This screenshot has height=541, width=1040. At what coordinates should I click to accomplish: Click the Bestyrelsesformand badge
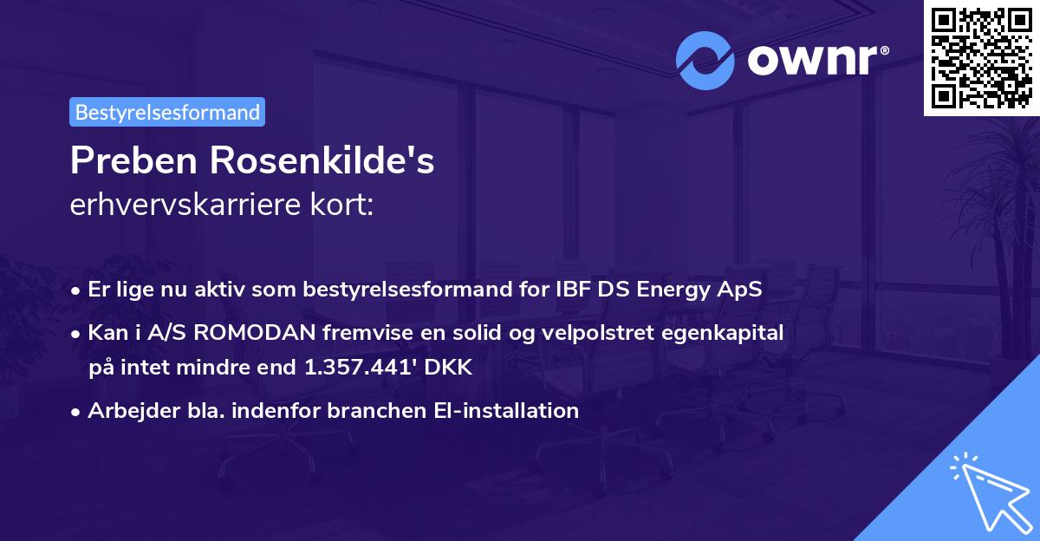coord(167,112)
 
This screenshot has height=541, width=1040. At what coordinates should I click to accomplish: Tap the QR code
coord(981,58)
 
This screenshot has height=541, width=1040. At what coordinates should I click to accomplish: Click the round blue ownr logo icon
coord(705,61)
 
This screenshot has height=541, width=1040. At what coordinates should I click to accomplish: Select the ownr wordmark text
coord(818,60)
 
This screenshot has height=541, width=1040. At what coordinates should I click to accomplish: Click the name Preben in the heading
coord(133,160)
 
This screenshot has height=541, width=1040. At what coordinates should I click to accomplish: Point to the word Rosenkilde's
coord(322,160)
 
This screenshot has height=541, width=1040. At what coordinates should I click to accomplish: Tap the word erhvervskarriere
coord(185,205)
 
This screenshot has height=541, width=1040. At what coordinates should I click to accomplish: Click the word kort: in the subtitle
coord(341,205)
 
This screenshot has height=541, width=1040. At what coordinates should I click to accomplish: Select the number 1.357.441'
coord(361,367)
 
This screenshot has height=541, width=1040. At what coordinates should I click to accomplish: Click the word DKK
coord(448,367)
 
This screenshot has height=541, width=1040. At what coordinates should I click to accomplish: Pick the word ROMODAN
coord(255,333)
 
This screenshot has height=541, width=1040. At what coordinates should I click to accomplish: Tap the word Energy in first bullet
coord(673,290)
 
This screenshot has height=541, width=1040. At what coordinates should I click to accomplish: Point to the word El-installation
coord(506,410)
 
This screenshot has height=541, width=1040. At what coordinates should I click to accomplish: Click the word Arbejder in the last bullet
coord(133,411)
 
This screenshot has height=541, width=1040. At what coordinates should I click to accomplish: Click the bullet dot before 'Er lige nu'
coord(75,291)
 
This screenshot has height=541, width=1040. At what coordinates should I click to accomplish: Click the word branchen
coord(376,410)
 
